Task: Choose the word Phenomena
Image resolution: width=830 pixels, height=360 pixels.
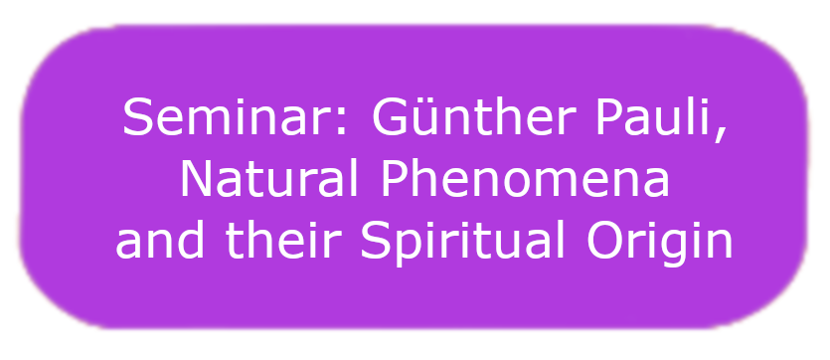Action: coord(525,179)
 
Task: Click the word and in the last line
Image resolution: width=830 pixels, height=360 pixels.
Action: coord(159,240)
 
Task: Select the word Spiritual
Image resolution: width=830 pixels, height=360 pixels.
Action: coord(463,242)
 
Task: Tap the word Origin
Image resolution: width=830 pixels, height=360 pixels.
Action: coord(660,242)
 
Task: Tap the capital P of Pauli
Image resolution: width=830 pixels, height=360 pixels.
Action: coord(610,117)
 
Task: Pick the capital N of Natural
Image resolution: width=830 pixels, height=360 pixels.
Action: coord(196,179)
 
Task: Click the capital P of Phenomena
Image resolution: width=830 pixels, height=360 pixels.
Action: coord(396,179)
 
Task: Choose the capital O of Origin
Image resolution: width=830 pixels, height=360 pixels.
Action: coord(604,240)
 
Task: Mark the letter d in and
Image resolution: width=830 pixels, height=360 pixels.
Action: coord(191,240)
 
